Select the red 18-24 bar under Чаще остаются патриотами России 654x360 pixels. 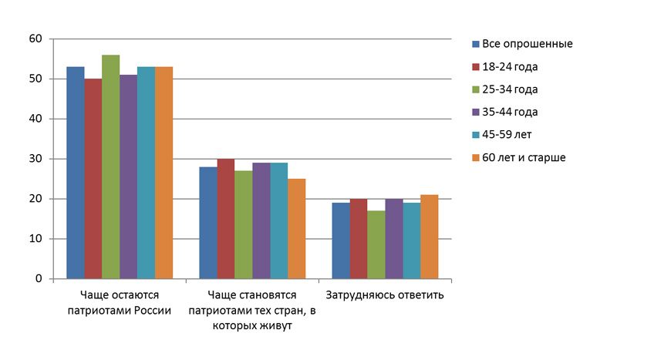pos(93,178)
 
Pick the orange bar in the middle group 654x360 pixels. pos(296,229)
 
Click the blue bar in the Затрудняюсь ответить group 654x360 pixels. pos(340,241)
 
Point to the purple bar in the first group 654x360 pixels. pos(128,177)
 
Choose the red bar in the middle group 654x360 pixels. pos(225,219)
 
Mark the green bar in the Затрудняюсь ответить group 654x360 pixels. pos(376,244)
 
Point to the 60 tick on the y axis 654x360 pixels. pos(36,39)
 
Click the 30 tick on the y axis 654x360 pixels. pos(36,159)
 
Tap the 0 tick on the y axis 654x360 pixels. pos(39,279)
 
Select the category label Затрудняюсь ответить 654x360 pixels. pos(384,295)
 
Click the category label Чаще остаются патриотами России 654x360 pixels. pos(119,302)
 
